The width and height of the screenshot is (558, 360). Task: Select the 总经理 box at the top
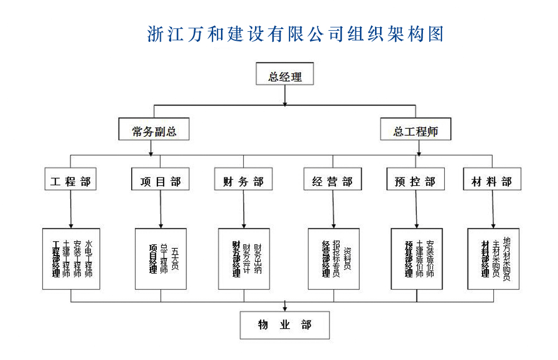point(285,77)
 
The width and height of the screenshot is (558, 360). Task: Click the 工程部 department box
point(70,181)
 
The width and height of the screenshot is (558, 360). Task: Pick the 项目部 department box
point(161,181)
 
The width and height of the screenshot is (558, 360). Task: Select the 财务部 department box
point(243,181)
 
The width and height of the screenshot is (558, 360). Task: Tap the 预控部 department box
point(415,181)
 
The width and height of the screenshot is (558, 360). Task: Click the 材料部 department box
point(492,181)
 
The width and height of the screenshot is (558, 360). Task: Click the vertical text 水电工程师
point(89,258)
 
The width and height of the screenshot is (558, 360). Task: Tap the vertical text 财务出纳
point(257,258)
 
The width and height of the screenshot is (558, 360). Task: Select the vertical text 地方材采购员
point(506,258)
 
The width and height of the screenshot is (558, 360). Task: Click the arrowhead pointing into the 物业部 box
point(285,308)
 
